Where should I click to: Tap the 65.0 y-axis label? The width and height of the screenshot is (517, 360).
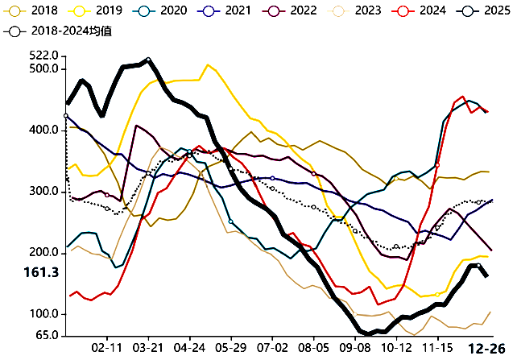pos(45,334)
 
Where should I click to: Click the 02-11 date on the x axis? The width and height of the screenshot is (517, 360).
pos(107,347)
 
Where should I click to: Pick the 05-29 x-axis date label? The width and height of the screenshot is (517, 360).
pos(231,347)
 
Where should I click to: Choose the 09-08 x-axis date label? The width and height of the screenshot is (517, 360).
pos(355,347)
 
